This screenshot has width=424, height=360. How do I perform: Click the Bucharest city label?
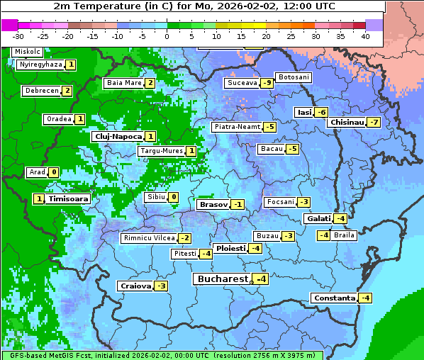pyautogui.click(x=222, y=279)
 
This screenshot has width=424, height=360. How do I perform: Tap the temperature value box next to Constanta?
pyautogui.click(x=365, y=298)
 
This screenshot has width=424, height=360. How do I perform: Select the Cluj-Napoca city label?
pyautogui.click(x=117, y=136)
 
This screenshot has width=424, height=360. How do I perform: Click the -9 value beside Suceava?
pyautogui.click(x=267, y=83)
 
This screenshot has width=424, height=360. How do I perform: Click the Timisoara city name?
pyautogui.click(x=68, y=199)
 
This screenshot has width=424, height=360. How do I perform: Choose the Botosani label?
pyautogui.click(x=293, y=77)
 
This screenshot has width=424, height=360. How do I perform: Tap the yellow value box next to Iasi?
pyautogui.click(x=321, y=112)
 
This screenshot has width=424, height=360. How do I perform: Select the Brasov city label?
pyautogui.click(x=213, y=205)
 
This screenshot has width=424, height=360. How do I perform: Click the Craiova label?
pyautogui.click(x=135, y=286)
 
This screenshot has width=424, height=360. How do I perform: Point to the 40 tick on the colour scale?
pyautogui.click(x=365, y=35)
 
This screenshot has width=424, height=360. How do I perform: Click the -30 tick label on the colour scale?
pyautogui.click(x=18, y=35)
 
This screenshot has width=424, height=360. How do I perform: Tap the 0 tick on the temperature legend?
pyautogui.click(x=167, y=35)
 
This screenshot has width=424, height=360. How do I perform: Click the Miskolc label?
pyautogui.click(x=27, y=52)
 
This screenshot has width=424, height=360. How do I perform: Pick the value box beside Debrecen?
pyautogui.click(x=67, y=91)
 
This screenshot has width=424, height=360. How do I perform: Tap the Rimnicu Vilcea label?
pyautogui.click(x=148, y=238)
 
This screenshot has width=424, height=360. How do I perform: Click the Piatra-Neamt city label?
pyautogui.click(x=237, y=127)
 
